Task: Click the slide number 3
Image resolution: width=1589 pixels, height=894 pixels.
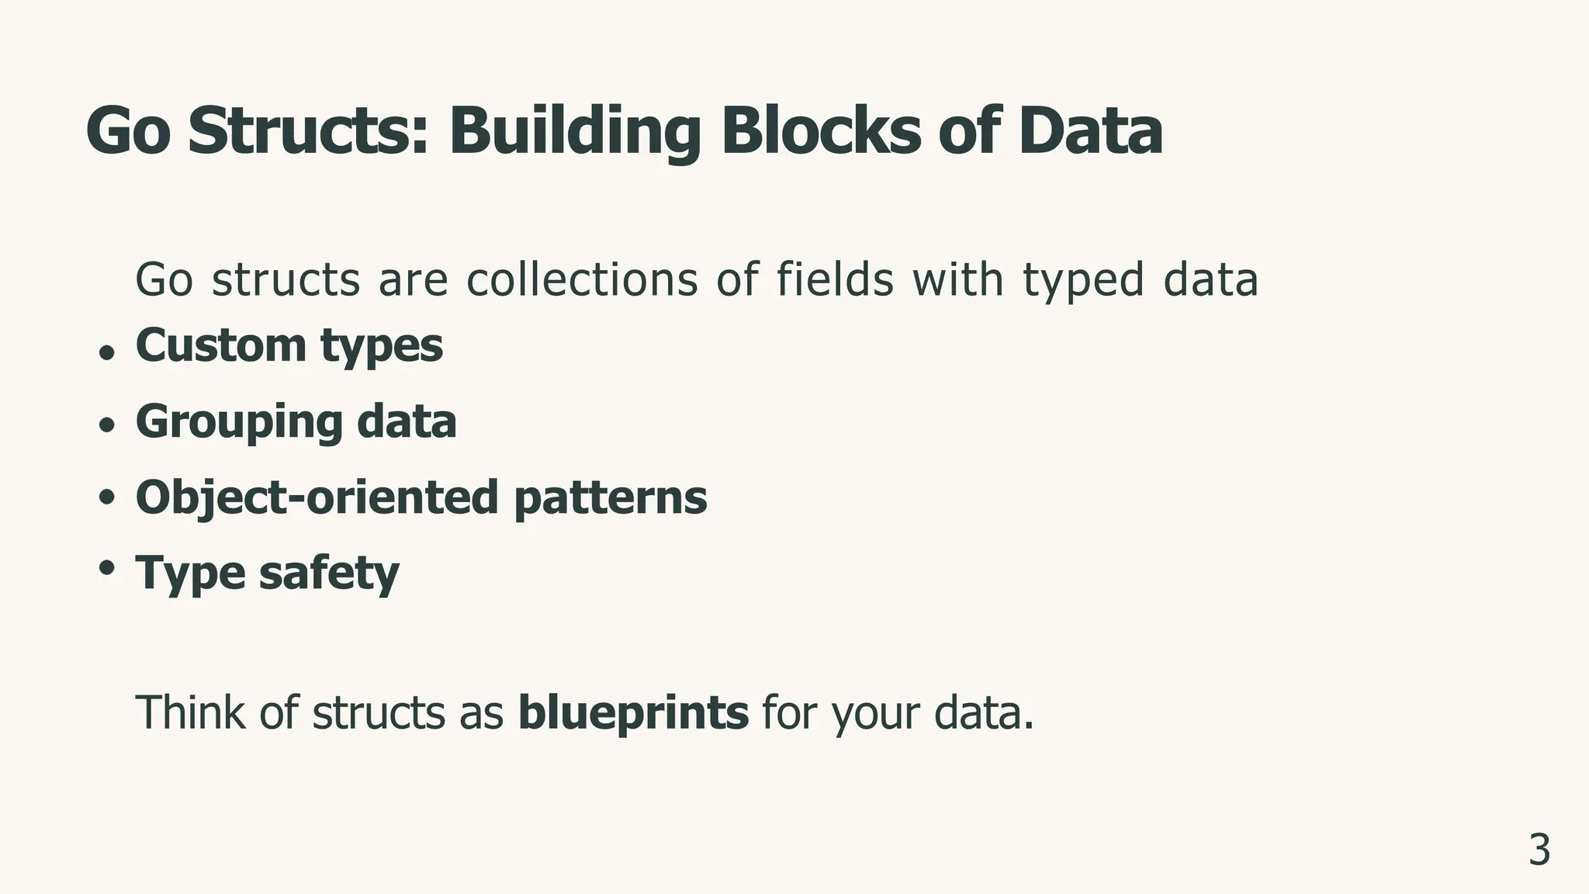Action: coord(1539,851)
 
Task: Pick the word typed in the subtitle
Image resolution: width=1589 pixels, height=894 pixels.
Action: coord(1083,281)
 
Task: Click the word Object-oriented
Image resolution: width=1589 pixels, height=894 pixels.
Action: coord(317,497)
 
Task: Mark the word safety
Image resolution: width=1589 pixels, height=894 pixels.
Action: coord(329,573)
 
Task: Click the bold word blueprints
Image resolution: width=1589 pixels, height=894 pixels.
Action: coord(633,713)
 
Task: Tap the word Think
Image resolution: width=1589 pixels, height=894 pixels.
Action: coord(189,712)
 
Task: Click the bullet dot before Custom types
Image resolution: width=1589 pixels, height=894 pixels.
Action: coord(107,352)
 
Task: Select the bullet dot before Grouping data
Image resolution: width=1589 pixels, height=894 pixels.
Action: coord(107,424)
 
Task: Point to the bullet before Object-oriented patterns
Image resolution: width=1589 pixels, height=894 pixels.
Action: coord(107,497)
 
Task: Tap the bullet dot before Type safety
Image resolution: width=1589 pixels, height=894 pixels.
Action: coord(107,567)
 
